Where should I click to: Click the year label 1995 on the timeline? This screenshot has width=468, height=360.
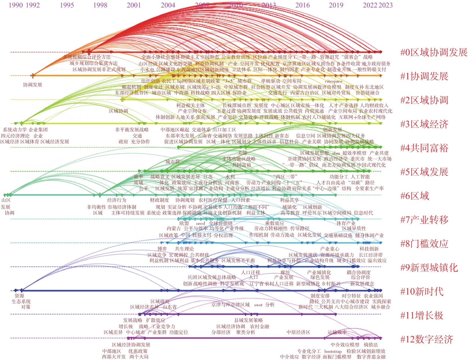pyautogui.click(x=67, y=5)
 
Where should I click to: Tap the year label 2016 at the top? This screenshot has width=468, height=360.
pyautogui.click(x=303, y=5)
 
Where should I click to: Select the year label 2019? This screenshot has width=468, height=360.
pyautogui.click(x=336, y=5)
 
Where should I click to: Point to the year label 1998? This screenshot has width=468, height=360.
pyautogui.click(x=100, y=5)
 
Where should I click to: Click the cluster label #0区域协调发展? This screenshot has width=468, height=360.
pyautogui.click(x=434, y=52)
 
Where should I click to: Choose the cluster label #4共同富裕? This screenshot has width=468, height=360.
pyautogui.click(x=424, y=148)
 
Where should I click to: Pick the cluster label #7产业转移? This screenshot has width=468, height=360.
pyautogui.click(x=424, y=220)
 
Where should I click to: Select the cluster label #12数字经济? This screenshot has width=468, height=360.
pyautogui.click(x=427, y=339)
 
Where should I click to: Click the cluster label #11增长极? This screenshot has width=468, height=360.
pyautogui.click(x=422, y=315)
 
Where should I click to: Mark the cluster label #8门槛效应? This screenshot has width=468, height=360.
pyautogui.click(x=424, y=244)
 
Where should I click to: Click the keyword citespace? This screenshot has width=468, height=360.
pyautogui.click(x=334, y=81)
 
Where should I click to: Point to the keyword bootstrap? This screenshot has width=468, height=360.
pyautogui.click(x=333, y=351)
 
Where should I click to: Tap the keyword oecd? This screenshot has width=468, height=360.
pyautogui.click(x=200, y=223)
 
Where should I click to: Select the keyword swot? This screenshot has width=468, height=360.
pyautogui.click(x=258, y=305)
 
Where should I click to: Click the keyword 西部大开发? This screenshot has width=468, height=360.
pyautogui.click(x=114, y=357)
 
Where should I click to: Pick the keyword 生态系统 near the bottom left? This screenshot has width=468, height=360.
pyautogui.click(x=21, y=302)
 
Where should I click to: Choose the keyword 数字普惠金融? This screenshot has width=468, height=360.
pyautogui.click(x=371, y=357)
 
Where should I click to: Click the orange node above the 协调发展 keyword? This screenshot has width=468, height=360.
pyautogui.click(x=33, y=76)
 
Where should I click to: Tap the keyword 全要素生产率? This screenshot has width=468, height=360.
pyautogui.click(x=369, y=188)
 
